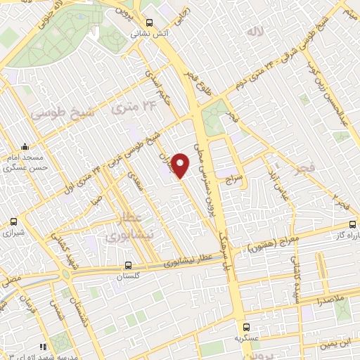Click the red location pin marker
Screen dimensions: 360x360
[x=181, y=165]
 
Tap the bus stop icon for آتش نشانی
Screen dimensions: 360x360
[x=149, y=22]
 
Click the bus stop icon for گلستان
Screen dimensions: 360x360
[x=127, y=266]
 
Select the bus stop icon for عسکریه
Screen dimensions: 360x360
[x=246, y=326]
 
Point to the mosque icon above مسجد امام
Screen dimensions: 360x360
[x=25, y=148]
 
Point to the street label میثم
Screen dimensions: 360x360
[x=346, y=13]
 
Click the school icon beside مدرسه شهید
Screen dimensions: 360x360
[x=44, y=347]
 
